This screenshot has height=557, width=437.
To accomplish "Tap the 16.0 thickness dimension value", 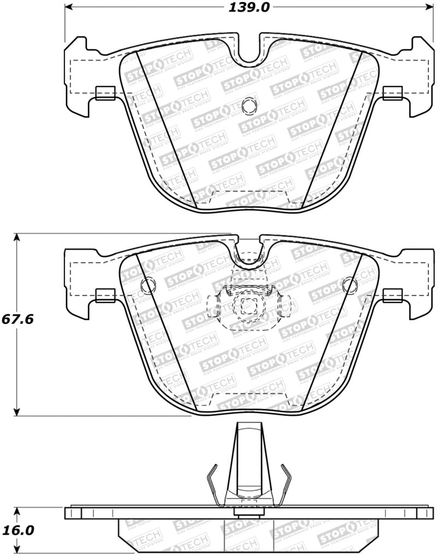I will (18, 530).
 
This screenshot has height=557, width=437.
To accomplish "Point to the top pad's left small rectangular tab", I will (105, 93).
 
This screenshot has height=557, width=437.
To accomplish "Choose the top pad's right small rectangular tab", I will (393, 93).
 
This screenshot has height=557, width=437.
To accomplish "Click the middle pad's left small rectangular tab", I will (105, 295).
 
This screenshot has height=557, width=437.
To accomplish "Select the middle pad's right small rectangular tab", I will (393, 295).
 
